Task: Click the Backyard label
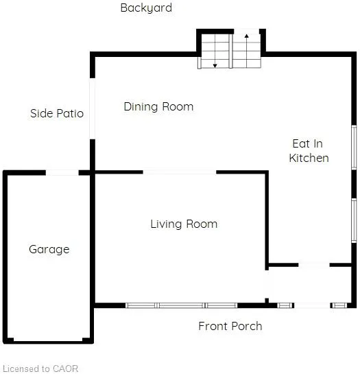point(146,8)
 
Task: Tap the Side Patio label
point(57,113)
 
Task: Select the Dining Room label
point(158,106)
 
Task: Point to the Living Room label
point(184,224)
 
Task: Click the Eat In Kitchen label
point(309,151)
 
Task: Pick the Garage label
point(49,250)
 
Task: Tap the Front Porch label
point(230,326)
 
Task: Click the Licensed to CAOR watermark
point(40,369)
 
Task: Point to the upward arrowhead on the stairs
point(247,36)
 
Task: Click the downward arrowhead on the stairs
point(215,66)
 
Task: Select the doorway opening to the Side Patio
point(93,108)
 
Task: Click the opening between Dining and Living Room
point(180,172)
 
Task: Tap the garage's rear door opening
point(62,172)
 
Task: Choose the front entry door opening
point(312,305)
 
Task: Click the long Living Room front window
point(182,305)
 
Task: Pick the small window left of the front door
point(285,305)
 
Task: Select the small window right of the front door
point(339,305)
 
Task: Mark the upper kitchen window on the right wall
point(354,148)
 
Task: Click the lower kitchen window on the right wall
point(354,221)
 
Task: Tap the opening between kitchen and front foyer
point(314,265)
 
